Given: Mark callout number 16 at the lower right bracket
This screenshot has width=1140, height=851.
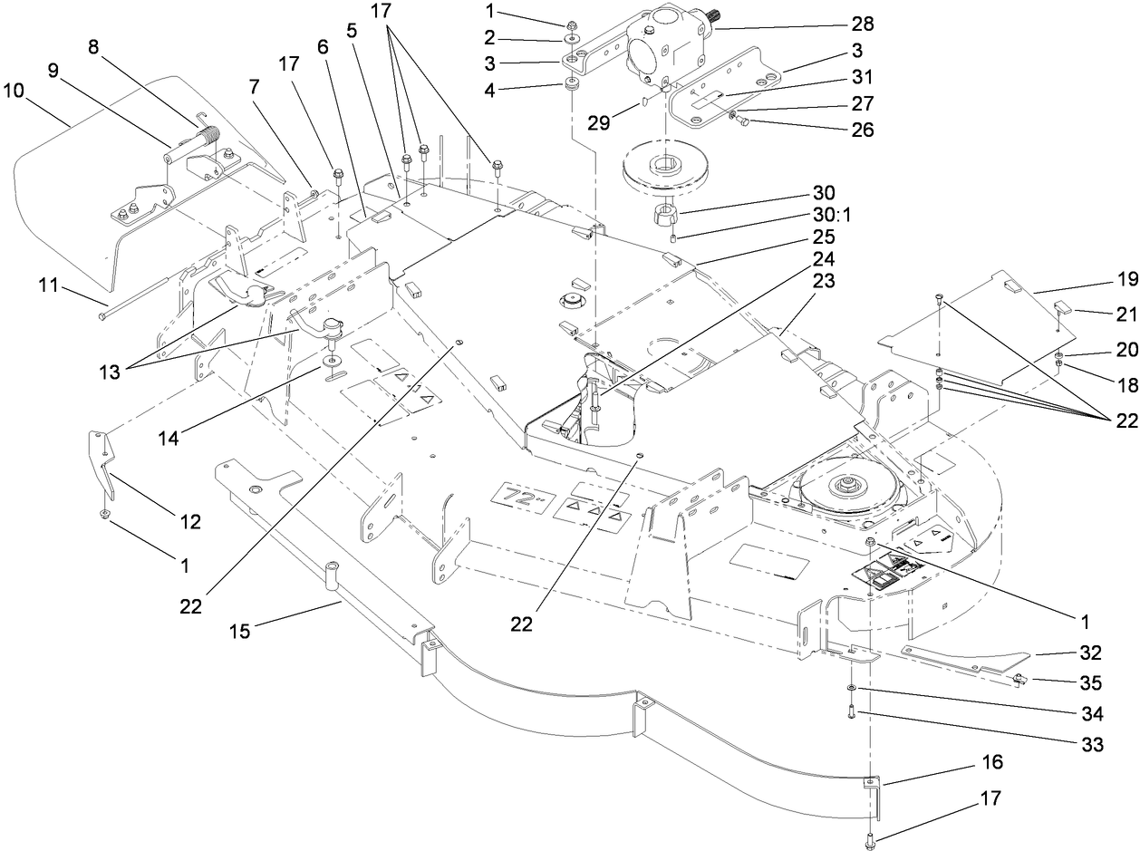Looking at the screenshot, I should [992, 763].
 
